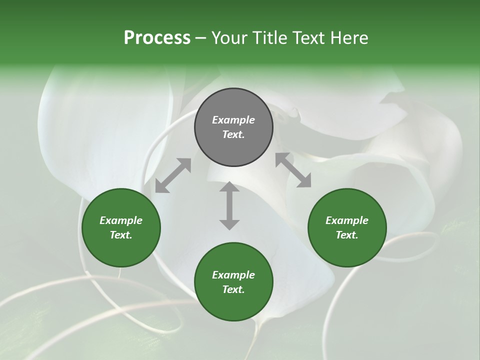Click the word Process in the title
coord(157,38)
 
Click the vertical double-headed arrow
coord(229,205)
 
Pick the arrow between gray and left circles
coord(173,175)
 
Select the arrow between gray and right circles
coord(293,170)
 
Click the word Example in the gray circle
coord(233,120)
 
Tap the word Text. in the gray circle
coord(233,134)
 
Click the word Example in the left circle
coord(121,220)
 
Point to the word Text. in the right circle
coord(347,235)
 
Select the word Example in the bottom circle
coord(233,275)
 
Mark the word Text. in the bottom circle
coord(233,289)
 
